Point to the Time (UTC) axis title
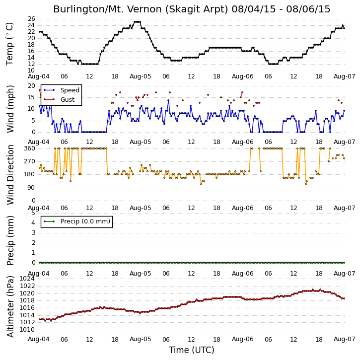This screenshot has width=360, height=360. coord(192,350)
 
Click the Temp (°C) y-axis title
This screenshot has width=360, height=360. coord(9,44)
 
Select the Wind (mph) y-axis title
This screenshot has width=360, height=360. coord(10,109)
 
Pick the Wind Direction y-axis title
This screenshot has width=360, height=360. coord(10,175)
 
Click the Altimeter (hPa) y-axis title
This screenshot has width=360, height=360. coord(10,306)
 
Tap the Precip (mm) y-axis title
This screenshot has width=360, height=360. coord(10,240)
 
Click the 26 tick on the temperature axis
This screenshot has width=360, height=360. coord(31,18)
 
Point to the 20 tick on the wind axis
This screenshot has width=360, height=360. coord(31,86)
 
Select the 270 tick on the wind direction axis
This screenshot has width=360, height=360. coord(30,161)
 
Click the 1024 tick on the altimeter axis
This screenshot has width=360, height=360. coord(27,279)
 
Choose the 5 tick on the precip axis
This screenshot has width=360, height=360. coord(33,213)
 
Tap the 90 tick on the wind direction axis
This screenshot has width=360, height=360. coord(31,188)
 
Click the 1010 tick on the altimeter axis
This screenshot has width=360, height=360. coord(27,330)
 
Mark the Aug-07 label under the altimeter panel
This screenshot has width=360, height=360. coord(344,339)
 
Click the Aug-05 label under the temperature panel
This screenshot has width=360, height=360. coord(141,76)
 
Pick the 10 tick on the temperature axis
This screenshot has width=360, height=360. coord(31,71)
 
